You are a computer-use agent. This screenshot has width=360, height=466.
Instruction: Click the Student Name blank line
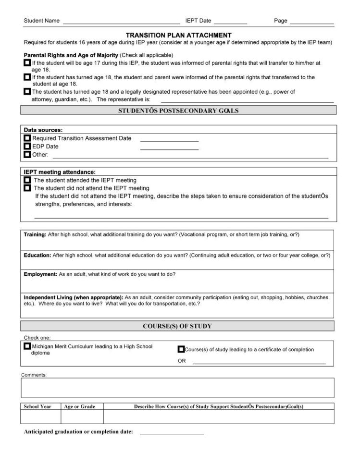point(121,22)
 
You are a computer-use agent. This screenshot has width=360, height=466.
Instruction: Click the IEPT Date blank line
point(230,22)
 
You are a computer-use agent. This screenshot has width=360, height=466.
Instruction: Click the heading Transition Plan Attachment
point(178,35)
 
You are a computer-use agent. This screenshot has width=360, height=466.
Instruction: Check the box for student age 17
point(27,63)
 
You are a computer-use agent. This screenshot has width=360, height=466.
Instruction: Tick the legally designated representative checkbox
point(27,91)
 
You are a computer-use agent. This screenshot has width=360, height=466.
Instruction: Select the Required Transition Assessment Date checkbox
point(27,138)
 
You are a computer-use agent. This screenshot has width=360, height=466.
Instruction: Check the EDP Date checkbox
point(27,147)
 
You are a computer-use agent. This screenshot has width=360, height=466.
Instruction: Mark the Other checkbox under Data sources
point(27,155)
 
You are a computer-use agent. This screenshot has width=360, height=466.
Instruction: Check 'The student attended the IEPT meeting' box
point(27,180)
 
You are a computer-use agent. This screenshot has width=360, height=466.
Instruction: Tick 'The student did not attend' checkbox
point(27,188)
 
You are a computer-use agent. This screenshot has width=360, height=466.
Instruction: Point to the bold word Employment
point(40,274)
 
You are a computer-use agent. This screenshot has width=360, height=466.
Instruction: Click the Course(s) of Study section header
point(177,326)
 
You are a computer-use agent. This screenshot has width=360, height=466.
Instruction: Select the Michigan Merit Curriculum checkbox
point(27,346)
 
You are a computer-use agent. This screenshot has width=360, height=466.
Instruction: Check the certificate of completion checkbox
point(181,349)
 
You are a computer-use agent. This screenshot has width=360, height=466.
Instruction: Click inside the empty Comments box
point(177,388)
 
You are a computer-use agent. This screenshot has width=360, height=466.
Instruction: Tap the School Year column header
point(37,406)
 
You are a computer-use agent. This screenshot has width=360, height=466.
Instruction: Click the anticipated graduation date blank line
point(172,432)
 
